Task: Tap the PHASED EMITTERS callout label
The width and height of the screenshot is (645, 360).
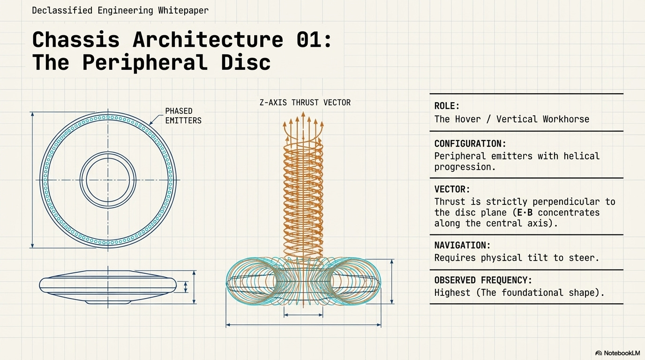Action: pos(183,116)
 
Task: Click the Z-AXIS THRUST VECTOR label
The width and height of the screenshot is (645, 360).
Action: pos(305,102)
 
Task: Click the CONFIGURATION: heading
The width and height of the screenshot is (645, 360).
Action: pos(470,143)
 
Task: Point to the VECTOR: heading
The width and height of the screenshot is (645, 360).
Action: pos(452,189)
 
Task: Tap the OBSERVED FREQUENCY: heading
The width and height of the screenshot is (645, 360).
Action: pos(483,280)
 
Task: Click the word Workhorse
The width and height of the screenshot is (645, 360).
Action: pos(566,119)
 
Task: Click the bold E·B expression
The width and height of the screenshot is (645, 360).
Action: pos(520,212)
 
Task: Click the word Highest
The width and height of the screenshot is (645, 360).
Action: pos(452,293)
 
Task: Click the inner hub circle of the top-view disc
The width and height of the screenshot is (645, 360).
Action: pos(108,180)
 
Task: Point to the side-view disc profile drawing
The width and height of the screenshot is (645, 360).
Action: pos(108,286)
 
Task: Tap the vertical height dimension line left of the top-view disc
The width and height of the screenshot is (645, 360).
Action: pos(32,180)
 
